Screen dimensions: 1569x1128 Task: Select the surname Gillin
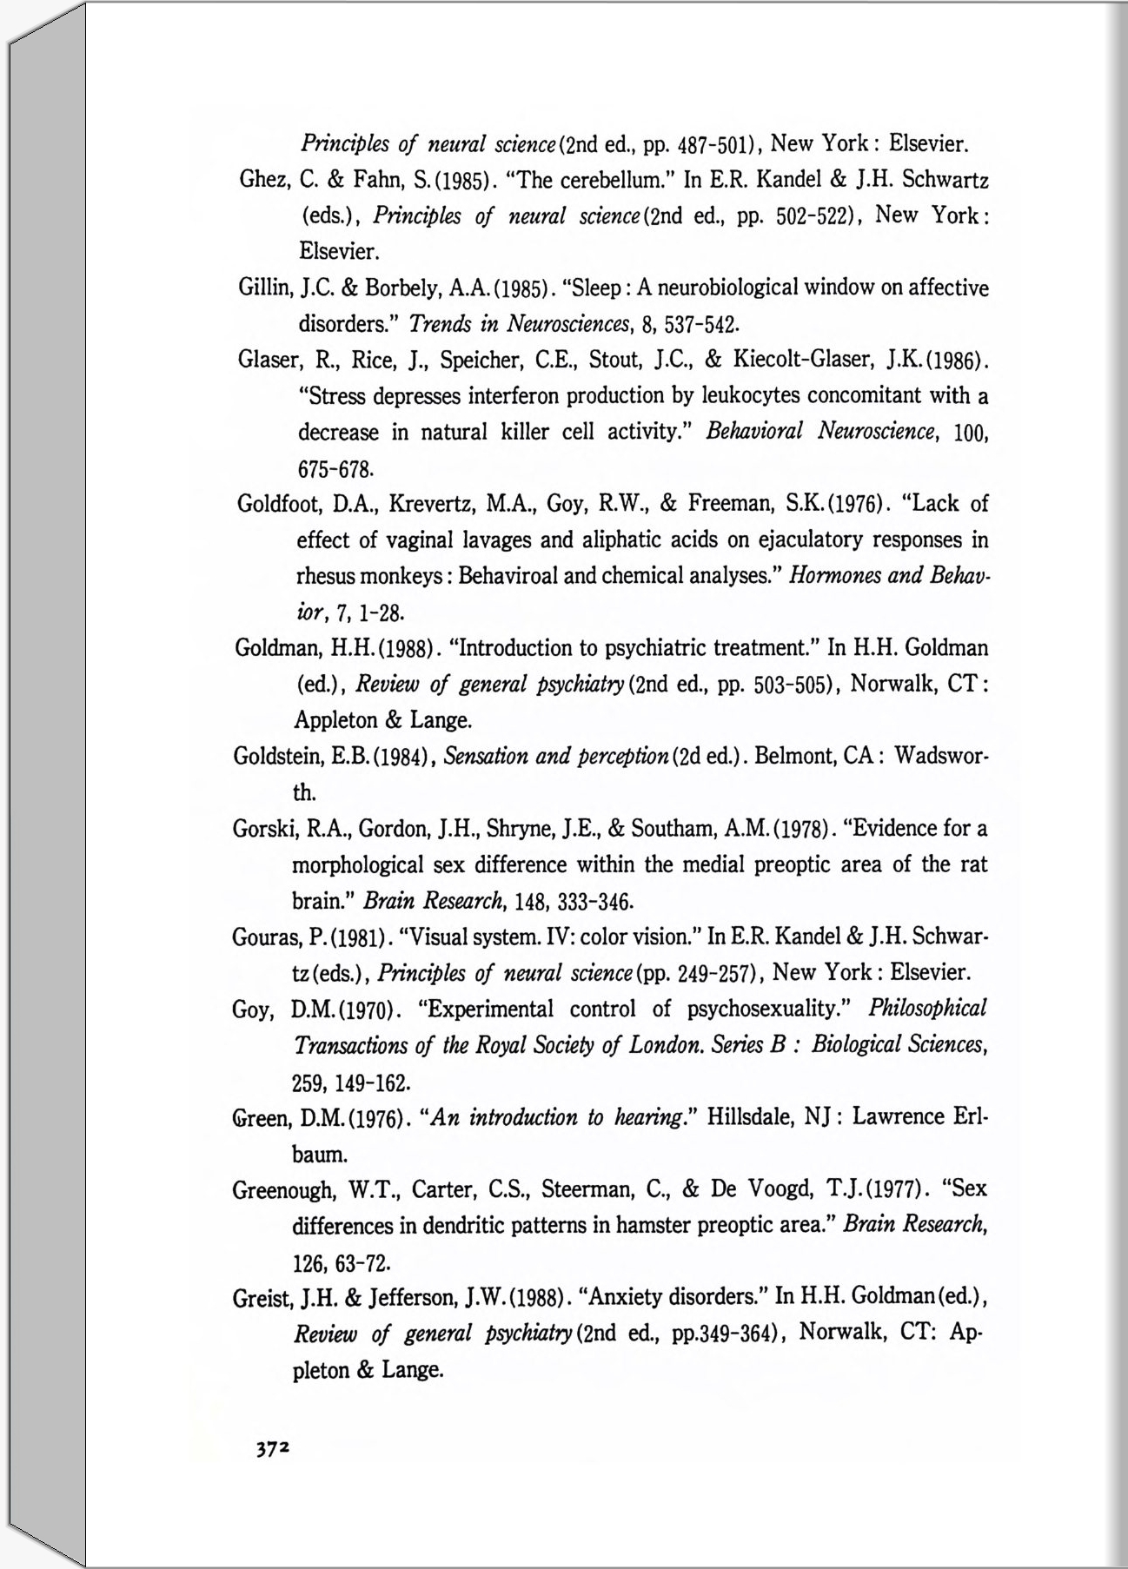point(262,288)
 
